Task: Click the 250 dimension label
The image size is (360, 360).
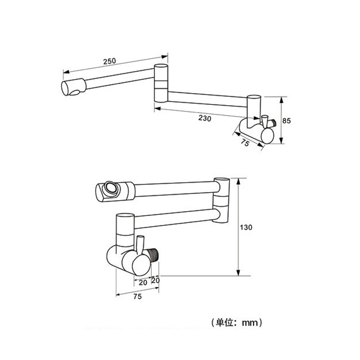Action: [109, 61]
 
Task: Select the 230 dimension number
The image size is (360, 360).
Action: [205, 118]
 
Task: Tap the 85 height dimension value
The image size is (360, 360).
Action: [286, 121]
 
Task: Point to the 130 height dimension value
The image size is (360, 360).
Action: [246, 227]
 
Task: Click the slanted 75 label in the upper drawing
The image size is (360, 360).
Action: [245, 143]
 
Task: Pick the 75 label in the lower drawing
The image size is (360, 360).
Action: [137, 297]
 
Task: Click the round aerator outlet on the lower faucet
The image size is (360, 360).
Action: [112, 188]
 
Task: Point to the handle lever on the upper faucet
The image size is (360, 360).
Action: [265, 121]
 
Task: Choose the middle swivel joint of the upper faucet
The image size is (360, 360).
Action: [161, 83]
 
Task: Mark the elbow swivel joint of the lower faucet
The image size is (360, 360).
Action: [221, 200]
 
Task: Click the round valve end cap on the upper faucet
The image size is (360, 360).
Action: [267, 136]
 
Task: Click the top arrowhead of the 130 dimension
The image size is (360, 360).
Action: [238, 181]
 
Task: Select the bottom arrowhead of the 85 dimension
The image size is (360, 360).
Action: [282, 140]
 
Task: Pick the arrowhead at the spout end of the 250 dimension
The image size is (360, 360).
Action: [66, 72]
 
